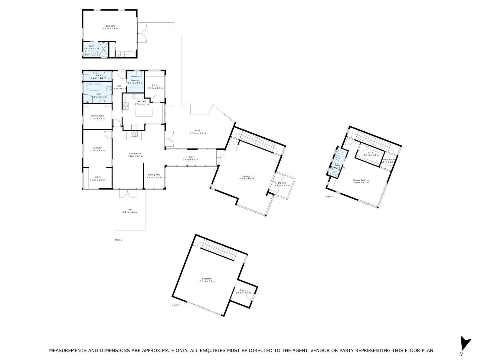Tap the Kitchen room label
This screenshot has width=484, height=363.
142,102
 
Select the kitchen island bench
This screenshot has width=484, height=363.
144,113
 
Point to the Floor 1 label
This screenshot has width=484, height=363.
176,305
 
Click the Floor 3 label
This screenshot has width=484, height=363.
330,197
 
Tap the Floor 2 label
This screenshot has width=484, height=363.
119,240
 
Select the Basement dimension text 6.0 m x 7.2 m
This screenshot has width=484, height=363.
207,281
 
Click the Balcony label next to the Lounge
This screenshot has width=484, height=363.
278,183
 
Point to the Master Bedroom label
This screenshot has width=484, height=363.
361,180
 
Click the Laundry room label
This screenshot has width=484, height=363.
133,80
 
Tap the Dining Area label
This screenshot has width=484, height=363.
154,175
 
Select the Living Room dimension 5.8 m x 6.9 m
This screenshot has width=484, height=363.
135,156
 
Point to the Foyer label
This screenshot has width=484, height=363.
190,157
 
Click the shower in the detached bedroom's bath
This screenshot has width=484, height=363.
104,50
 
